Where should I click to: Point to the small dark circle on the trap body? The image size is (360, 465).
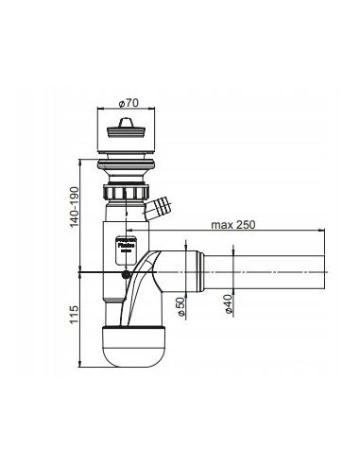[128, 275]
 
